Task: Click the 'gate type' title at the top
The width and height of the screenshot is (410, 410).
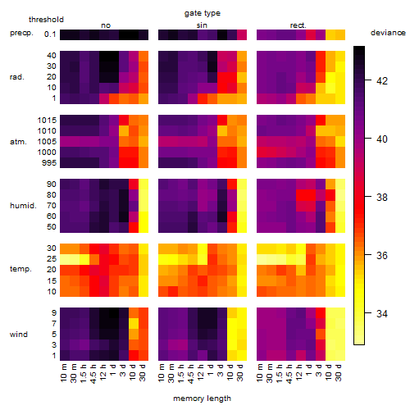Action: pyautogui.click(x=203, y=13)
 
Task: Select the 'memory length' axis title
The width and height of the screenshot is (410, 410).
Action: pyautogui.click(x=202, y=399)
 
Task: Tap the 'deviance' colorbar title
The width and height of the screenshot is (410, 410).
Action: pyautogui.click(x=388, y=33)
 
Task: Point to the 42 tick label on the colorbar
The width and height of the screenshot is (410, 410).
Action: pyautogui.click(x=382, y=81)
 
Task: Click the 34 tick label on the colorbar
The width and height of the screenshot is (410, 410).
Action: pyautogui.click(x=382, y=313)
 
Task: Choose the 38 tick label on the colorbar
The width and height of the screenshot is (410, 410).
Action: pyautogui.click(x=382, y=197)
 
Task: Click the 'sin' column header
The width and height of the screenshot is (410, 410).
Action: pyautogui.click(x=202, y=25)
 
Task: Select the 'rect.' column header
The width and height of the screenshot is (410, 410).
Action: pyautogui.click(x=298, y=25)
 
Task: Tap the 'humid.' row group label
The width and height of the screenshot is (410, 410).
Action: pyautogui.click(x=23, y=206)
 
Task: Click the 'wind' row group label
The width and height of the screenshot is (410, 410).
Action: pyautogui.click(x=19, y=335)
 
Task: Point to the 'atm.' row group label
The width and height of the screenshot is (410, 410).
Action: pyautogui.click(x=18, y=142)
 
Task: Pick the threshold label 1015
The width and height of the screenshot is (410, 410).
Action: pyautogui.click(x=47, y=121)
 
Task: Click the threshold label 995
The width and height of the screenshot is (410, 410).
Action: pyautogui.click(x=49, y=163)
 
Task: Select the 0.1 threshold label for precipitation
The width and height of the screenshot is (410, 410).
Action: pyautogui.click(x=50, y=34)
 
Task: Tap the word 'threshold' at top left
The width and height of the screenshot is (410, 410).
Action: pyautogui.click(x=46, y=20)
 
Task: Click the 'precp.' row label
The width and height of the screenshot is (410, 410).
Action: pyautogui.click(x=21, y=33)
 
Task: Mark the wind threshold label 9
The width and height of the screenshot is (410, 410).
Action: pyautogui.click(x=54, y=313)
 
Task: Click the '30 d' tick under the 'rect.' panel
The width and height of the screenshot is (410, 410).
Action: pyautogui.click(x=339, y=373)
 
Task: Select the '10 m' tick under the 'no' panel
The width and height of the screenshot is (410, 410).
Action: pyautogui.click(x=63, y=373)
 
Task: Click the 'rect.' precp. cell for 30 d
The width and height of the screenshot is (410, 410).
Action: pyautogui.click(x=340, y=34)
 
